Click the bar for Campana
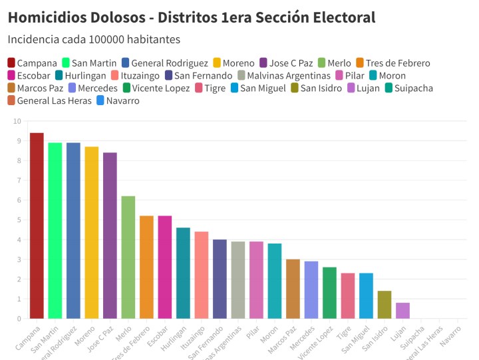[x=37, y=226]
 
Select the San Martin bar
[x=55, y=230]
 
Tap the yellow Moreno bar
[x=92, y=232]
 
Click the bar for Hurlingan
[x=183, y=273]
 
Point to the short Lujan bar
[x=402, y=311]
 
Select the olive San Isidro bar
[x=385, y=305]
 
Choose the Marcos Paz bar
[x=293, y=289]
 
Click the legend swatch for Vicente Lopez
[x=126, y=88]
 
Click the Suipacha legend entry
[x=413, y=88]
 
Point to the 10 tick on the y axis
[x=17, y=121]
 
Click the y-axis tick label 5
[x=18, y=220]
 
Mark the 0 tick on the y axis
[x=18, y=318]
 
